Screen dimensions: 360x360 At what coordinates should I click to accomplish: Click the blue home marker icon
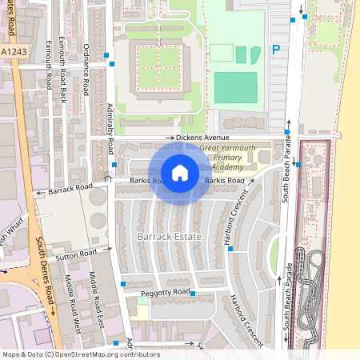point(180,172)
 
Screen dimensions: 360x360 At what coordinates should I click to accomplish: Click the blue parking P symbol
point(276,50)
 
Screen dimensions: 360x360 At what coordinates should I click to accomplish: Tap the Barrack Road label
point(69,189)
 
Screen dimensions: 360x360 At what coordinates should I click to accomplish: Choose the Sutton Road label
point(77,254)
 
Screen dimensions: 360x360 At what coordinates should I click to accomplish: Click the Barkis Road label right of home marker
point(224,181)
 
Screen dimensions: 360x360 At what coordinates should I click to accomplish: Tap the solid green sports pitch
point(236,87)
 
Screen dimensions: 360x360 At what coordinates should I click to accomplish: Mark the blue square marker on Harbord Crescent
point(230,249)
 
